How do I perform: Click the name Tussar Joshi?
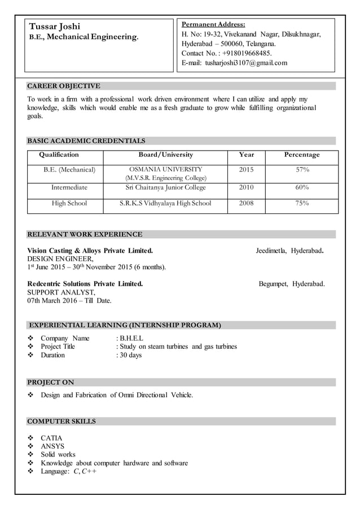tap(55, 27)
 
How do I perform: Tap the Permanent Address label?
tap(213, 24)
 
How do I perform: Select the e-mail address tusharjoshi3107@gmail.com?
tap(246, 63)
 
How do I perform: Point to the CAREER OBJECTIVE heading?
tap(64, 86)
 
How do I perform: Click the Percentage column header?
tap(302, 155)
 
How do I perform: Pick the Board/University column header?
tap(165, 155)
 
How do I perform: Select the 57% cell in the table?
tap(302, 169)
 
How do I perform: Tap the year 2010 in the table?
tap(246, 187)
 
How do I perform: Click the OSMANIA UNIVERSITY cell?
tap(165, 169)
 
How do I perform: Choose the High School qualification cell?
tap(69, 203)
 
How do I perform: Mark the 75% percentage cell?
tap(302, 203)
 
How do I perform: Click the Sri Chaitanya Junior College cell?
tap(165, 187)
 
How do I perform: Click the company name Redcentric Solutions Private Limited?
tap(85, 284)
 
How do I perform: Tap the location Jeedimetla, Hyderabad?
tap(289, 251)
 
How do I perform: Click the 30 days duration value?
tap(130, 356)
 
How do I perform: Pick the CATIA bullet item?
tap(51, 438)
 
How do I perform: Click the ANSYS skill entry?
tap(52, 446)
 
